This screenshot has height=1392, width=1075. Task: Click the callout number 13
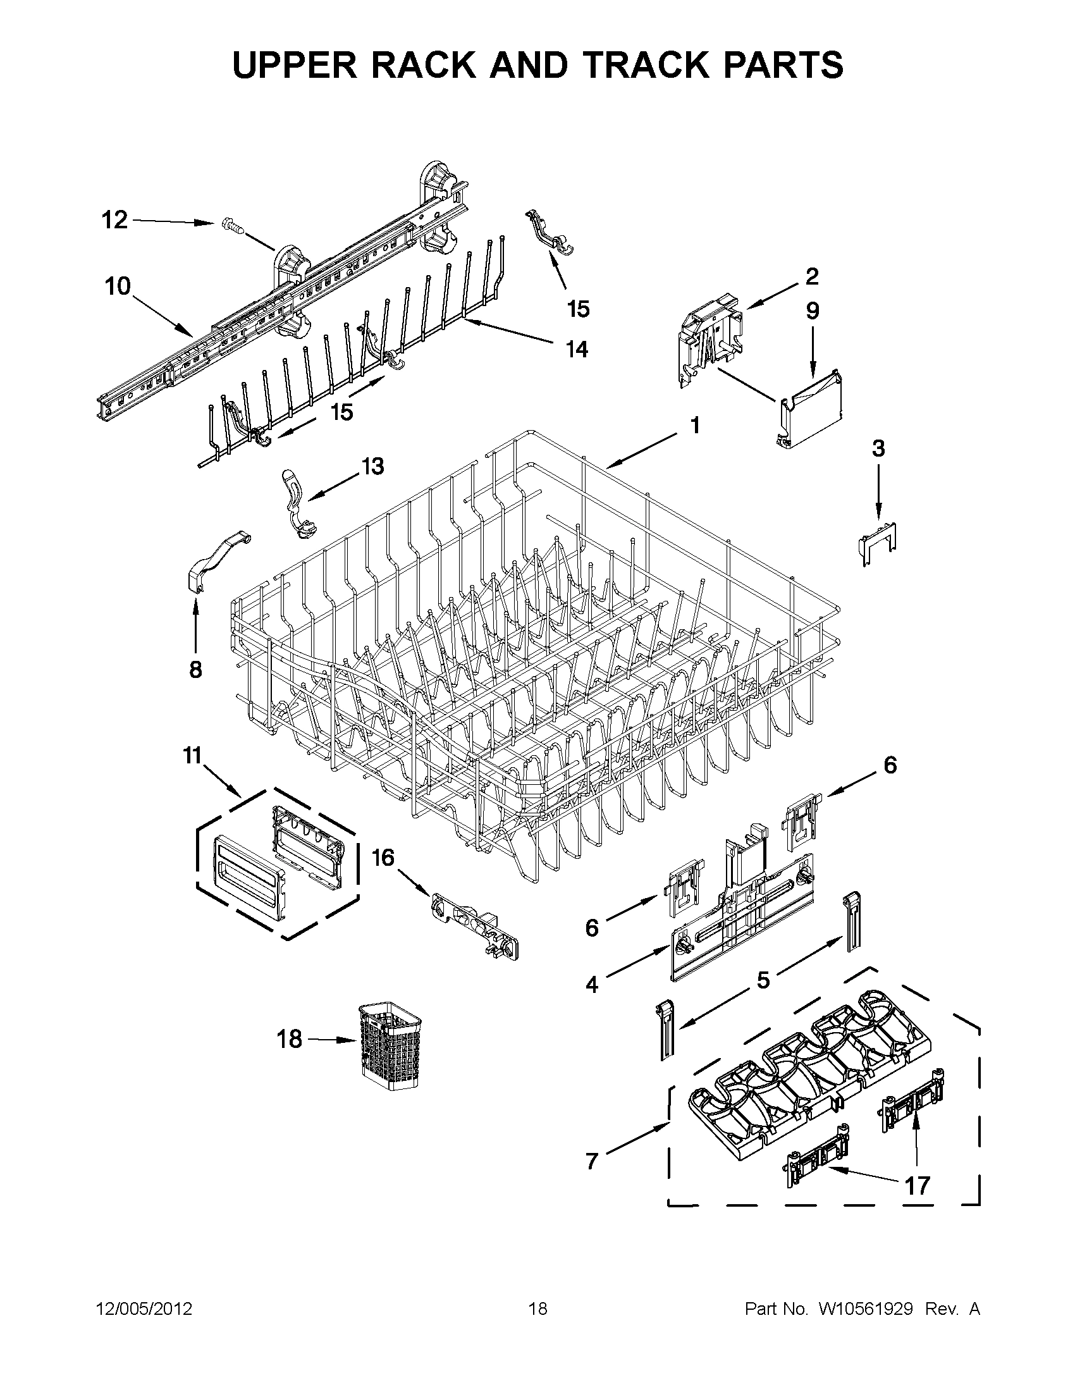[x=373, y=467]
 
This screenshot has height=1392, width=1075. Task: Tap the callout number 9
[x=813, y=311]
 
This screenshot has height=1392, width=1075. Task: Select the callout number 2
[x=812, y=276]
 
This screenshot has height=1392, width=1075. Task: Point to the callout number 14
[x=577, y=349]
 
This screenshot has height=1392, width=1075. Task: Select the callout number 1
[x=695, y=425]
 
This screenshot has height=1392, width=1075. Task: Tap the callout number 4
[x=593, y=985]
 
